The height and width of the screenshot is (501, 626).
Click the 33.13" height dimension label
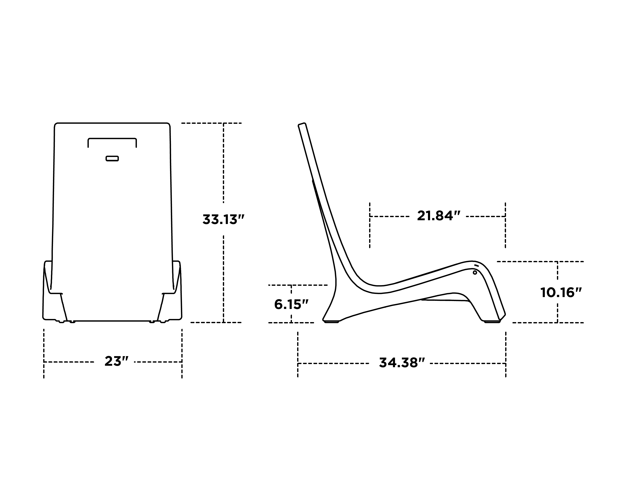coord(223,220)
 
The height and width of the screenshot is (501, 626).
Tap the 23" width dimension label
coord(116,361)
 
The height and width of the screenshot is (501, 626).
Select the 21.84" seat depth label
coord(439,216)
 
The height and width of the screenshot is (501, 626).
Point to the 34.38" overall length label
coord(402,363)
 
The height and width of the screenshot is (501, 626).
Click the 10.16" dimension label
coord(561,292)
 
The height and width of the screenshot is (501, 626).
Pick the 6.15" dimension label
coord(291,304)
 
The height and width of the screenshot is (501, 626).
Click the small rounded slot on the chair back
coord(112,158)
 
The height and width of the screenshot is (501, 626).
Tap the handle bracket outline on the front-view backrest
coord(112,139)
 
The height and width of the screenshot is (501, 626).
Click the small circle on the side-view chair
coord(475,272)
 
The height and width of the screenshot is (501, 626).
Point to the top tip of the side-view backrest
coord(302,124)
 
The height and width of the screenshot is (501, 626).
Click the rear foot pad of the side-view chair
coord(331,321)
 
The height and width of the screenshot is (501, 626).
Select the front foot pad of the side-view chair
coord(492,321)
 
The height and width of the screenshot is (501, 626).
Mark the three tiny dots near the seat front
coord(476,266)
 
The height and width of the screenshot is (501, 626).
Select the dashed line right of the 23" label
coord(158,362)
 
